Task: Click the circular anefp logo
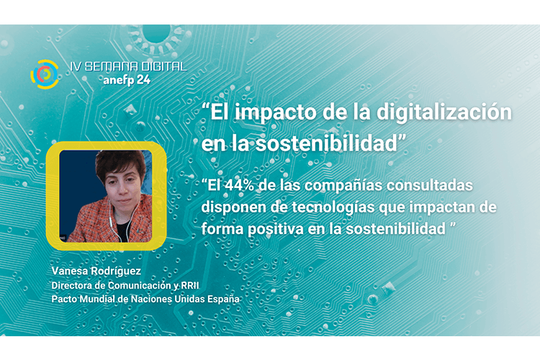tap(45, 74)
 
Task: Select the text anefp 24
tap(127, 80)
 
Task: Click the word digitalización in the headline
tap(444, 113)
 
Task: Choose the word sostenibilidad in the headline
tap(326, 143)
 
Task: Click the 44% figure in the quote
tap(238, 185)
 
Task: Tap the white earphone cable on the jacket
tap(112, 220)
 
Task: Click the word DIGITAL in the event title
tap(163, 66)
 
